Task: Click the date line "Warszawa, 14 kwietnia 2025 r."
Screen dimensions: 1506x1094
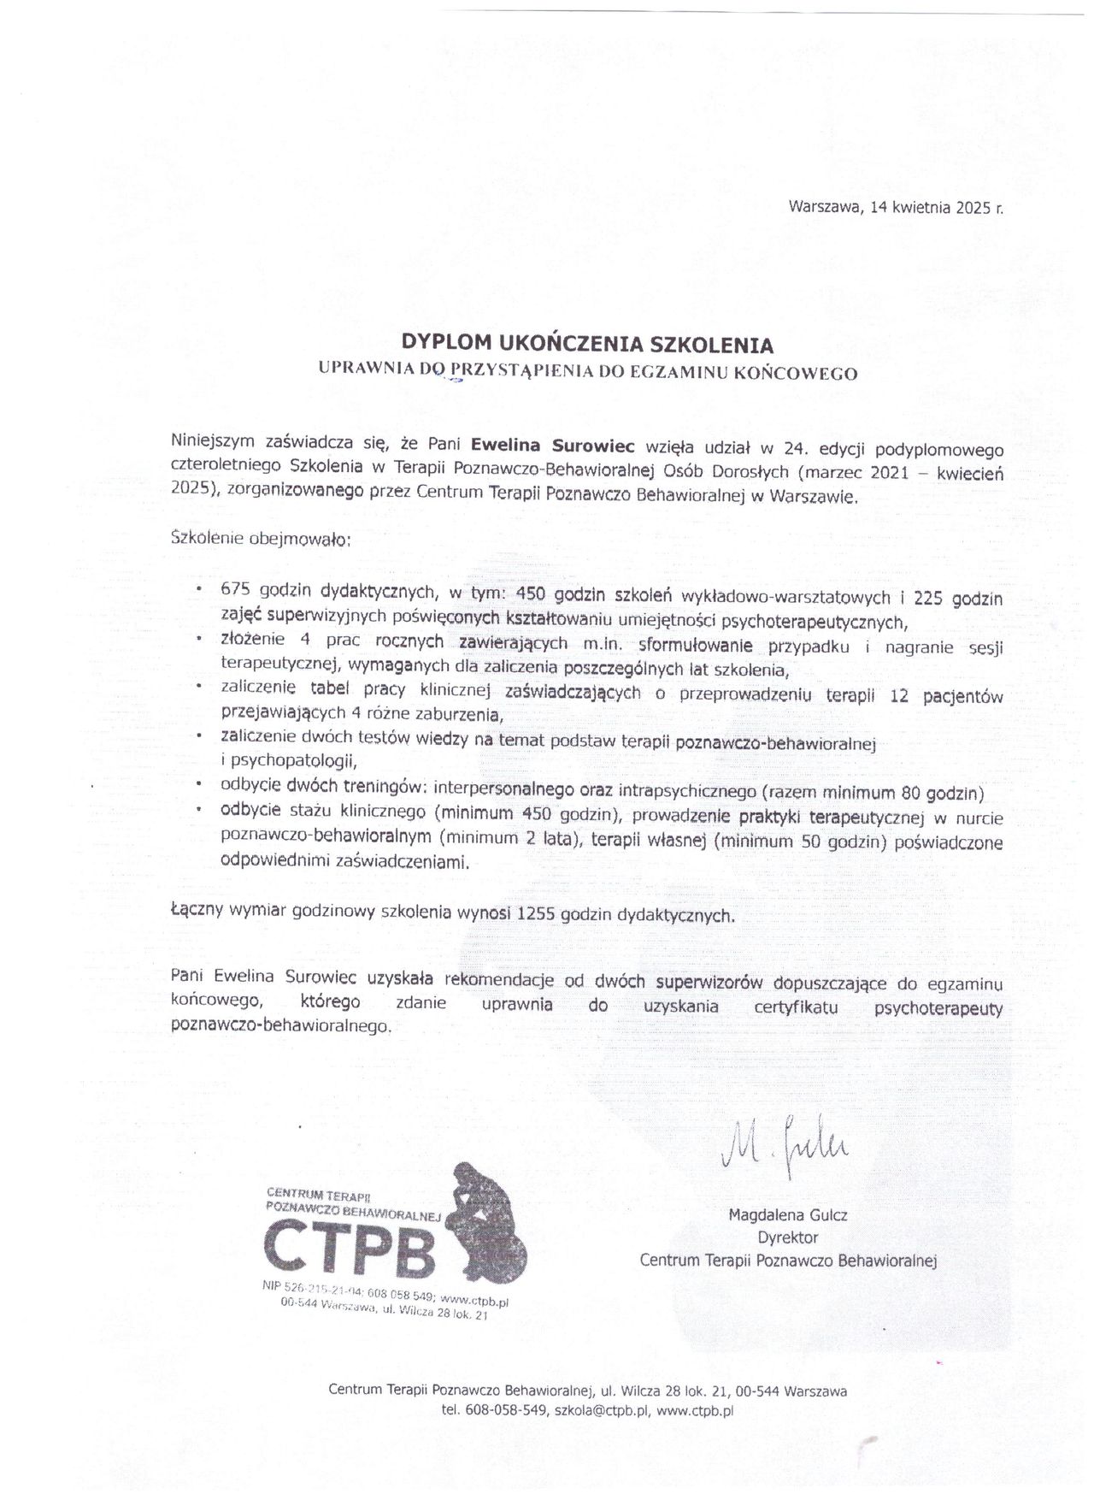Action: pyautogui.click(x=895, y=207)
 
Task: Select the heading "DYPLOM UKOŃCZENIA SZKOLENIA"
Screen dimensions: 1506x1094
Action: pyautogui.click(x=588, y=345)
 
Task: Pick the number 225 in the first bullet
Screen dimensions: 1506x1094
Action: pyautogui.click(x=932, y=596)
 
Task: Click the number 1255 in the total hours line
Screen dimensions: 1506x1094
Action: pyautogui.click(x=537, y=913)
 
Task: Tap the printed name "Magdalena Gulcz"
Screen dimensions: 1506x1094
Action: pyautogui.click(x=787, y=1214)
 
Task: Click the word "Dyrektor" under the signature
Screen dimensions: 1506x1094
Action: pyautogui.click(x=787, y=1237)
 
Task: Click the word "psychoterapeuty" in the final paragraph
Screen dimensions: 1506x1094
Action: pyautogui.click(x=938, y=1008)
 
